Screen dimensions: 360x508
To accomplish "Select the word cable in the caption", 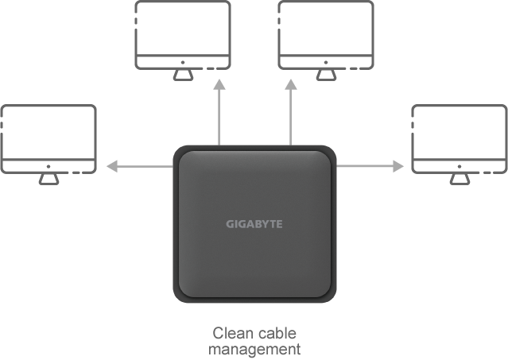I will (278, 333).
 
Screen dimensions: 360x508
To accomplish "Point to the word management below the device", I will (254, 348).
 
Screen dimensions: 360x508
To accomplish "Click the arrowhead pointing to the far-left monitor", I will (113, 166).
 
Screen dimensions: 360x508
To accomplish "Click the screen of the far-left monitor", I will (48, 132).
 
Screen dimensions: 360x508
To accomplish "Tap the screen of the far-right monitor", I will (459, 132).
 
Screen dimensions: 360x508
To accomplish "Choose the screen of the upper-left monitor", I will (182, 27).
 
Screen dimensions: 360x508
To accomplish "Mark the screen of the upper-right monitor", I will (326, 27).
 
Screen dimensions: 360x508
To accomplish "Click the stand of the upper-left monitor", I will (182, 72).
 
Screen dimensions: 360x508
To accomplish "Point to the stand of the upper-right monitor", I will (326, 72).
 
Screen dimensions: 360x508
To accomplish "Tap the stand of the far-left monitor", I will (48, 177).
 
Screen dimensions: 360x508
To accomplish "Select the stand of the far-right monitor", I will (459, 177).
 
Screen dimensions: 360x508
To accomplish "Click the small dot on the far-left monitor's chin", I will (48, 166).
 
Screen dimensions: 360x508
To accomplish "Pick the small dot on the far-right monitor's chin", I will (459, 166).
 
